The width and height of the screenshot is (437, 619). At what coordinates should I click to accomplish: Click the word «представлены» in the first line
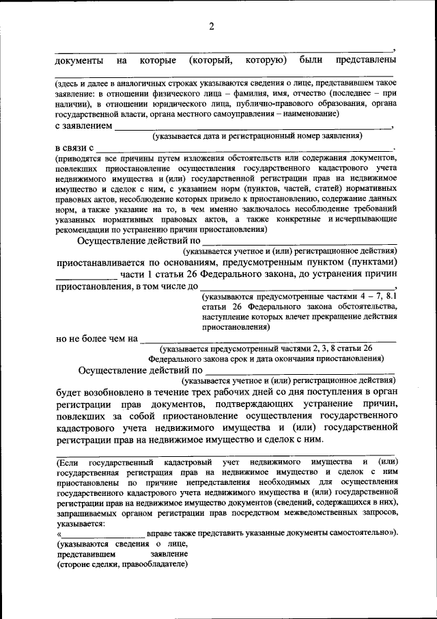(366, 60)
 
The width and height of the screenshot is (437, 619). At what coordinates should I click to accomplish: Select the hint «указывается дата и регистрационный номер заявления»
(257, 136)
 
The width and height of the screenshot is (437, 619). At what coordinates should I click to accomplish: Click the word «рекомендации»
(84, 229)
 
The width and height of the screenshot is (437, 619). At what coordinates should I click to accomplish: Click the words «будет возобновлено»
(103, 392)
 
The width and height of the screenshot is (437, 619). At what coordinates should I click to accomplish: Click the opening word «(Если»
(68, 462)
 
